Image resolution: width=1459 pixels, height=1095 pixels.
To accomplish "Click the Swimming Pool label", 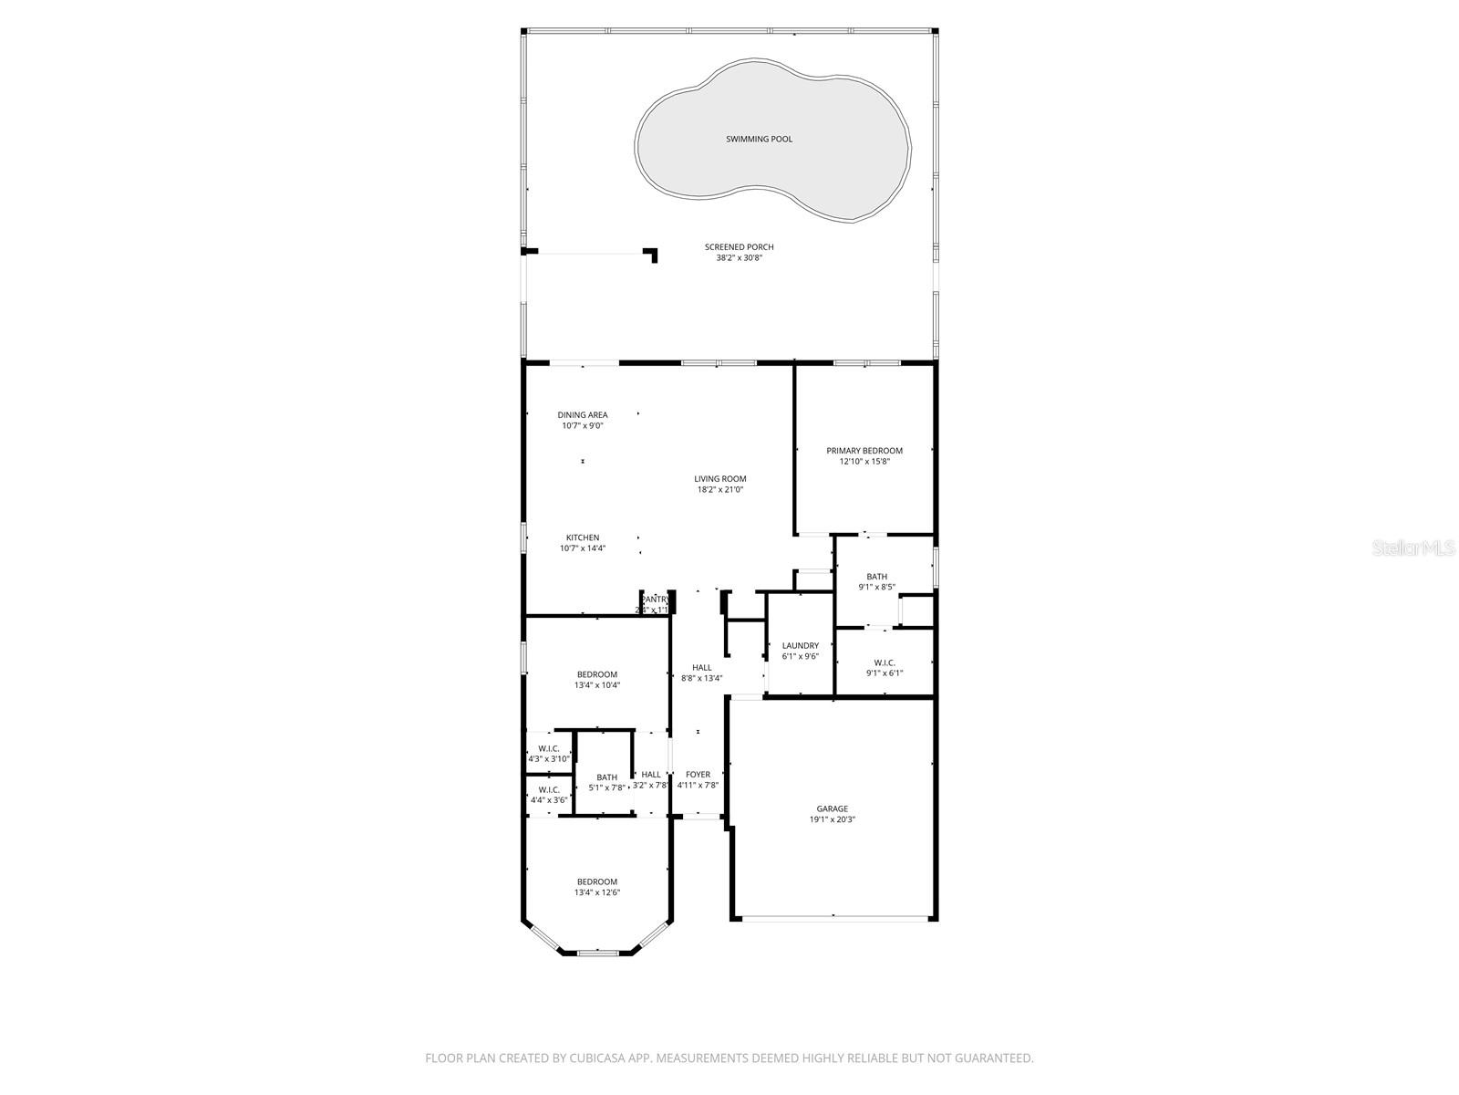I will pos(759,140).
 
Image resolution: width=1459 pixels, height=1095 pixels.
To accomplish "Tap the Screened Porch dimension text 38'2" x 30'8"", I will pos(739,258).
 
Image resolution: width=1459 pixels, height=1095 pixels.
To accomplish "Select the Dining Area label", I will pos(583,415).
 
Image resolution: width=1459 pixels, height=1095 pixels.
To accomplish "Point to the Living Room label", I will pos(720,479).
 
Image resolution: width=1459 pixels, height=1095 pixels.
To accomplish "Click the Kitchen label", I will pos(583,537).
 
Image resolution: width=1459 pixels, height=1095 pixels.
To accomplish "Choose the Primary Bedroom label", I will pos(864,451).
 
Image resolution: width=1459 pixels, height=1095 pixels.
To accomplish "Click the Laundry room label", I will pos(801,646).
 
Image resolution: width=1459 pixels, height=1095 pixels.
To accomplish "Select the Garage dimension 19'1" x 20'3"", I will pos(832,819).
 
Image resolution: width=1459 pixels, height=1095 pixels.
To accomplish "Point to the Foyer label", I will pos(698,775).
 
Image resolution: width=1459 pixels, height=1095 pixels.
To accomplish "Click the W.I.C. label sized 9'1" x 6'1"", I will pos(885,662).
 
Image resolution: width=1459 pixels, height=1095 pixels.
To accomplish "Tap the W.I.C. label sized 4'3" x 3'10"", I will pos(549,748).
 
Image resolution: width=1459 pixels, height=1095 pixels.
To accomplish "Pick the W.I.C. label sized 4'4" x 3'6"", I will pos(549,790).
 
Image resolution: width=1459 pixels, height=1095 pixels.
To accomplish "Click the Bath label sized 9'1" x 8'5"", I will pos(877,577).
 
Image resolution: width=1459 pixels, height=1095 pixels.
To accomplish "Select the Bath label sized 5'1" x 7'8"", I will pos(607,777).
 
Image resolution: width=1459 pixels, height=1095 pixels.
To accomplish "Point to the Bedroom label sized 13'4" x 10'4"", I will pos(597,674).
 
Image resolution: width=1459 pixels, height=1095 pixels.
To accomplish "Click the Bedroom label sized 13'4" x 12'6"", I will pos(597,881).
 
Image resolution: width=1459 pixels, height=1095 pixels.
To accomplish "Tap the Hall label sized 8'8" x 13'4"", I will pos(702,668).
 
